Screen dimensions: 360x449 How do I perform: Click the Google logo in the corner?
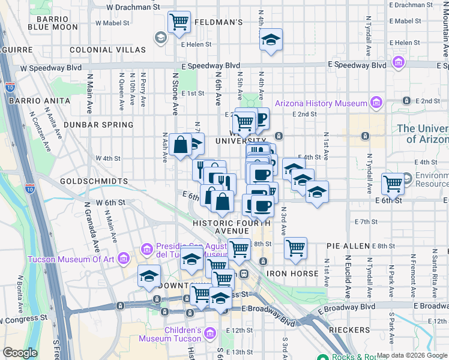(20, 353)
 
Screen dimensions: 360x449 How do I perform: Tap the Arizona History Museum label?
(321, 103)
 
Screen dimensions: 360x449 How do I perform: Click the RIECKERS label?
(350, 331)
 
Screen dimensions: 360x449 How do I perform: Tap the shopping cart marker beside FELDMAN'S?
(179, 23)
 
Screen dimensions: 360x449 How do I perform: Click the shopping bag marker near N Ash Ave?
(181, 145)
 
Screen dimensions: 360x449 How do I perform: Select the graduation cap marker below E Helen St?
(271, 41)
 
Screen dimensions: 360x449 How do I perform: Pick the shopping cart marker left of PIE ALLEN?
(295, 248)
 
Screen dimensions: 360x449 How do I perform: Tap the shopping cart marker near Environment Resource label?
(393, 183)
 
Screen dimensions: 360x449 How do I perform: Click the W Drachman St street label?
(133, 8)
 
